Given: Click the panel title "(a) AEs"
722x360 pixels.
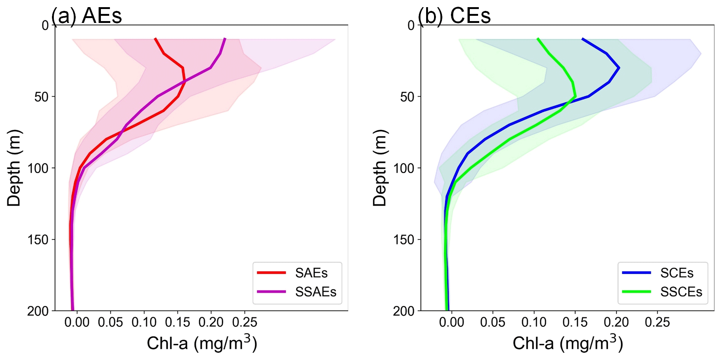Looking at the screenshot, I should (87, 16).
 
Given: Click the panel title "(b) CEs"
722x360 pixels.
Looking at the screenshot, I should (454, 16).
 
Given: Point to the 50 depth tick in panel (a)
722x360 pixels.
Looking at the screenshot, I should (41, 97).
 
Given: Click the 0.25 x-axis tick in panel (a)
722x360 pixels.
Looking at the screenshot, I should (245, 322).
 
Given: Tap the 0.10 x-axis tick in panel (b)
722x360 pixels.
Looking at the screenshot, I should (534, 322).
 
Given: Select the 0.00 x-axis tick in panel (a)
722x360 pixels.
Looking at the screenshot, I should (77, 322).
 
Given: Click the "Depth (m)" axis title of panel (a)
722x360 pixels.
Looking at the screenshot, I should (14, 168).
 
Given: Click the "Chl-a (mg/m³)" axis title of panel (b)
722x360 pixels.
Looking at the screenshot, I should (568, 343).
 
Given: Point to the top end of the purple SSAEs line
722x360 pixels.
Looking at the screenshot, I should (225, 38).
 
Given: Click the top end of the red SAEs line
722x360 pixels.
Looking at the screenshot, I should (155, 38).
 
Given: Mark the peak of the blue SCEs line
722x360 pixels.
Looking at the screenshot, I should (619, 68).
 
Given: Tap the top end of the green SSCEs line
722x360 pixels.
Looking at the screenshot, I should (538, 38).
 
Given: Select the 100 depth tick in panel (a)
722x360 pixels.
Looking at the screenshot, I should (38, 168).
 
